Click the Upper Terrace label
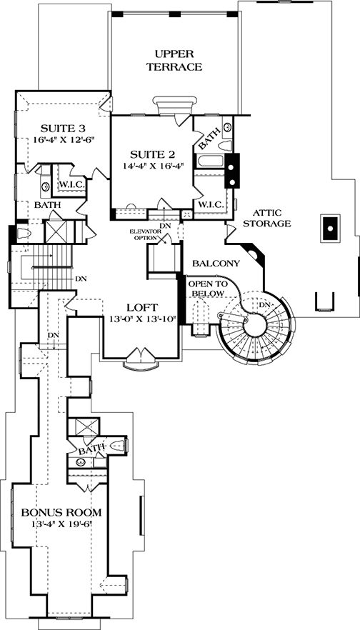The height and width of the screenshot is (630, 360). point(174,60)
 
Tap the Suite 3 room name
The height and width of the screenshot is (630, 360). point(63,129)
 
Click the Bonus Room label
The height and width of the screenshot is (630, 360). point(61,512)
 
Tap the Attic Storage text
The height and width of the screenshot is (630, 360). point(267,218)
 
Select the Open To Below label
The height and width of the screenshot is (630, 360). point(208,289)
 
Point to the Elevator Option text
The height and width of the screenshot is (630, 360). point(142,234)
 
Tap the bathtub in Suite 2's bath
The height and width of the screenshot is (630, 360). point(209,161)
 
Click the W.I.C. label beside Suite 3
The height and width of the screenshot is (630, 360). point(71,185)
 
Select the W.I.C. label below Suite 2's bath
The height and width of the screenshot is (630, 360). point(211,205)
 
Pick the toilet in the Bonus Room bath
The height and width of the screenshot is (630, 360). point(117,445)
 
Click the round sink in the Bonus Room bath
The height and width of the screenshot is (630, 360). point(80,462)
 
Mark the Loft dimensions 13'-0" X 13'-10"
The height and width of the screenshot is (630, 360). point(144,319)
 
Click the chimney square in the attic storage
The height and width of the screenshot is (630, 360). point(330,229)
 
